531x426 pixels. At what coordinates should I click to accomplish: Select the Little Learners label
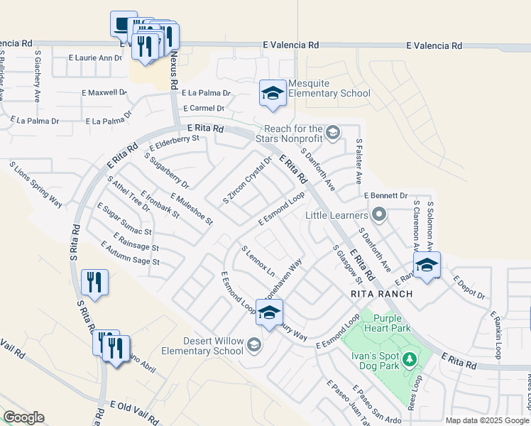(x=336, y=214)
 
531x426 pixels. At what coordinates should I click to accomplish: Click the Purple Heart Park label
(x=393, y=324)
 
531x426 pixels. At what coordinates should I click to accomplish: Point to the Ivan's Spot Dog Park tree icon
(x=408, y=360)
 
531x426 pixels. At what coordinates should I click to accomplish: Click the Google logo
(x=23, y=417)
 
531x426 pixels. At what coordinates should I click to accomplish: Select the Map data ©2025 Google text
(x=487, y=420)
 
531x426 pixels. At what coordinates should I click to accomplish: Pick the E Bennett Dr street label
(x=385, y=195)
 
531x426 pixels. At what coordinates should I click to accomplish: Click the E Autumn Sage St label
(x=130, y=255)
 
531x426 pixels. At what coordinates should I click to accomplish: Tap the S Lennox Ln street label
(x=258, y=261)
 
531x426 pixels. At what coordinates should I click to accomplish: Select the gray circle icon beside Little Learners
(x=379, y=214)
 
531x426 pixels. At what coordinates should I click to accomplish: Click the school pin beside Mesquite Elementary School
(x=272, y=93)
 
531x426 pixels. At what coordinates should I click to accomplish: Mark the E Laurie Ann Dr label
(x=96, y=58)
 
